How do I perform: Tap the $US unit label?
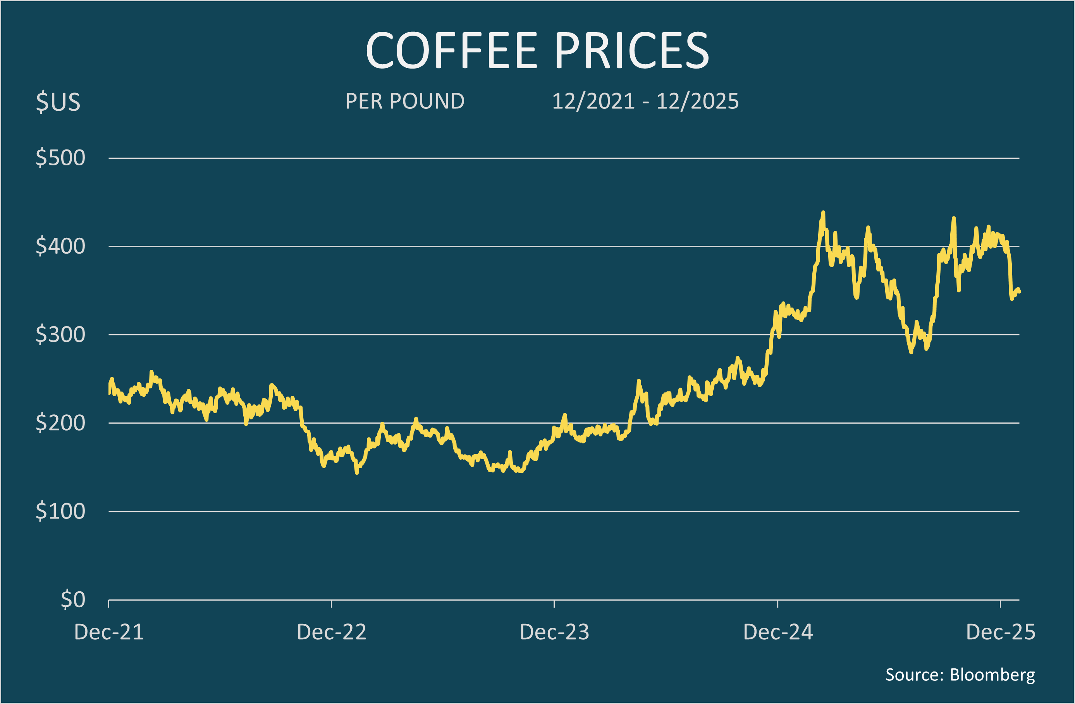58,101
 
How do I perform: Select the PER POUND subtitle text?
405,101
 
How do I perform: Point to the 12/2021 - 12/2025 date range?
645,101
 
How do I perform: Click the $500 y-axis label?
60,158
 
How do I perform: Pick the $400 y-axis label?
60,246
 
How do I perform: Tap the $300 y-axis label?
60,335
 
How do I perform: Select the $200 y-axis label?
60,423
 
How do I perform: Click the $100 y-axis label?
60,511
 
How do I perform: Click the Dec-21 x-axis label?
109,632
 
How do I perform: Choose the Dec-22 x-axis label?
332,632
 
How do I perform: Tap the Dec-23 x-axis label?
554,632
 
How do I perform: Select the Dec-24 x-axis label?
778,632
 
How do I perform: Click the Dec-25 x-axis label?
1001,632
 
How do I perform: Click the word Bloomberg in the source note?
992,675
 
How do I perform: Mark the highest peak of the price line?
823,212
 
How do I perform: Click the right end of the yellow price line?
1019,292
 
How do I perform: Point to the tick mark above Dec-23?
554,604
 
